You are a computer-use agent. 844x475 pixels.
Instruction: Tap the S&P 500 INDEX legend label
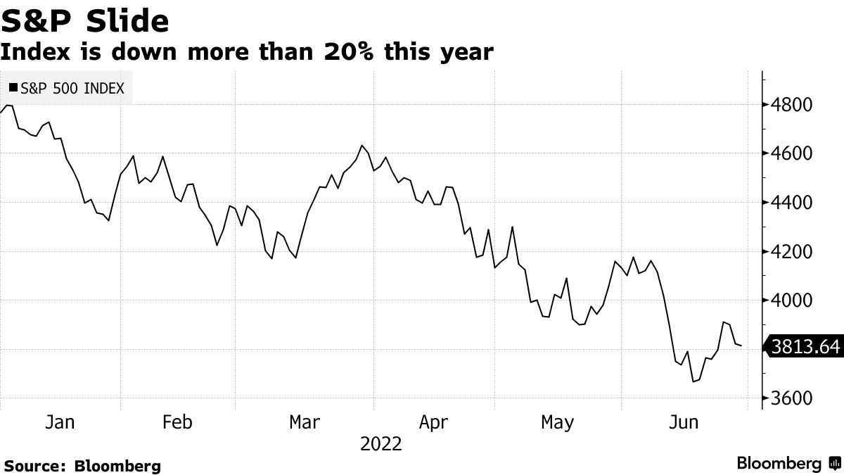[72, 89]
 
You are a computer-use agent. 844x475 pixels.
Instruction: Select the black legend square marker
[13, 89]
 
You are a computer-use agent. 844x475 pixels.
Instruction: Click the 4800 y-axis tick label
[792, 105]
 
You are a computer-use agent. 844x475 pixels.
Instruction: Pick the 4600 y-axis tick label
[792, 153]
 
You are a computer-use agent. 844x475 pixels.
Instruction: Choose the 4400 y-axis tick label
[792, 203]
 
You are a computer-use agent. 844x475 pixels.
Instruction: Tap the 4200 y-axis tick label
[792, 252]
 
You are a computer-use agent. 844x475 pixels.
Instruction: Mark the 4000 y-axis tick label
[792, 300]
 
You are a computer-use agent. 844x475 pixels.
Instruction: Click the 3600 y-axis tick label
[792, 399]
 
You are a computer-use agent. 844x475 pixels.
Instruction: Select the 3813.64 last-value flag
[805, 347]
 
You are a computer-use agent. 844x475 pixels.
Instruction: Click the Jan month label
[60, 422]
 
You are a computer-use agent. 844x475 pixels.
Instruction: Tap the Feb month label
[177, 422]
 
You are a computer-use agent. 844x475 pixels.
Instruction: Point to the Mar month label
[305, 422]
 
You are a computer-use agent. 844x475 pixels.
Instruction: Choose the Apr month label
[433, 422]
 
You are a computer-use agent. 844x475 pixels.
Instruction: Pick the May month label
[557, 422]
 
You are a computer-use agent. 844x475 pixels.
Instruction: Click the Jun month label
[683, 422]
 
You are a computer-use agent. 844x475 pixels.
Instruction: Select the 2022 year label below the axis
[381, 445]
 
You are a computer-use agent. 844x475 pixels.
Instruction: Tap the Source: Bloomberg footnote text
[82, 466]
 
